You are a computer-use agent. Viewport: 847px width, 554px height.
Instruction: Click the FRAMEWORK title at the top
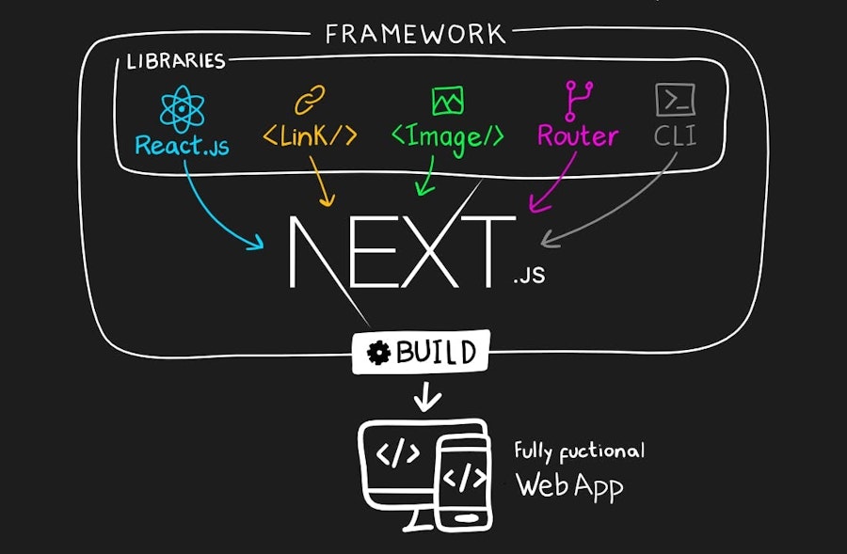tap(415, 35)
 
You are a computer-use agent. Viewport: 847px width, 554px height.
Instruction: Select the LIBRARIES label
tap(176, 62)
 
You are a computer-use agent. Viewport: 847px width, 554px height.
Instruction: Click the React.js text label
tap(182, 146)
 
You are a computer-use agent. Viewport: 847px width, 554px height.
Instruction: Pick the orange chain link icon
tap(309, 100)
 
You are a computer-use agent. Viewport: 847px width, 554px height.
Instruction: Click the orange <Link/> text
tap(310, 136)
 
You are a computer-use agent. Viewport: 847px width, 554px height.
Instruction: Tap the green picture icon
tap(446, 100)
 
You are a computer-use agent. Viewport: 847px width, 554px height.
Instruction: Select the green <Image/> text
tap(447, 136)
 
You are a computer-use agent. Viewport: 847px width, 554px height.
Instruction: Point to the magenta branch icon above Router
tap(576, 100)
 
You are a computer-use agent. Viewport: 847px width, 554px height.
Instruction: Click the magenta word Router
tap(577, 136)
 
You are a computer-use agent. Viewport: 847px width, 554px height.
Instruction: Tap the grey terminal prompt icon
tap(675, 99)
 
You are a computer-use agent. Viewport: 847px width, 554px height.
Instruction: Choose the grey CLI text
tap(675, 136)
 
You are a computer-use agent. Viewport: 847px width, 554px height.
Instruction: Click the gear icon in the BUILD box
tap(379, 354)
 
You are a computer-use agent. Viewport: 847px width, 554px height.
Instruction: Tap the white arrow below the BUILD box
tap(427, 397)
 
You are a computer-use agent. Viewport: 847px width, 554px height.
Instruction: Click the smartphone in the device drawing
tap(463, 480)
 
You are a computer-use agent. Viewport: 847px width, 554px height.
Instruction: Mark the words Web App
tap(569, 486)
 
